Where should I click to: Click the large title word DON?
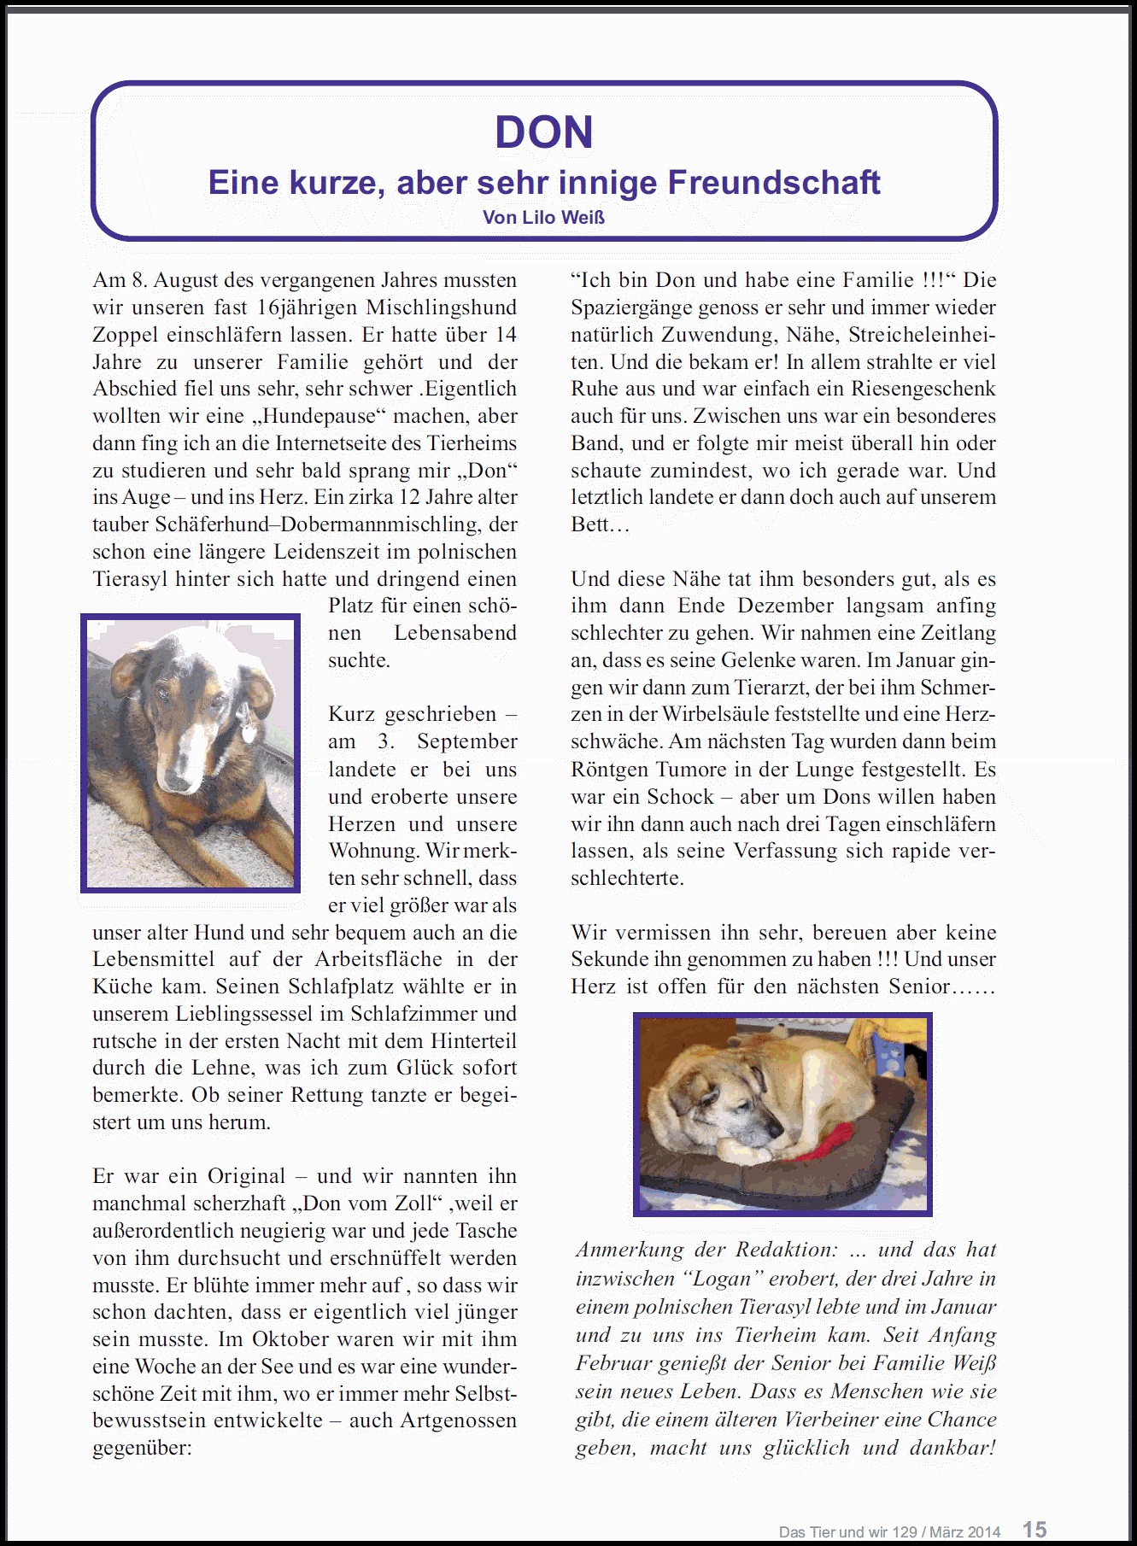point(544,132)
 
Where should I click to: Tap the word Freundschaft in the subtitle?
point(774,183)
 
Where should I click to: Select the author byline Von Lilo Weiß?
point(543,218)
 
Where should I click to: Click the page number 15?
point(1034,1529)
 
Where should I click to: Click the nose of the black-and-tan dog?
point(177,782)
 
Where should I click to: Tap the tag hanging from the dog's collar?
point(249,731)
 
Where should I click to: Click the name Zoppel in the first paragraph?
point(126,335)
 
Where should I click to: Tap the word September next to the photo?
point(467,741)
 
